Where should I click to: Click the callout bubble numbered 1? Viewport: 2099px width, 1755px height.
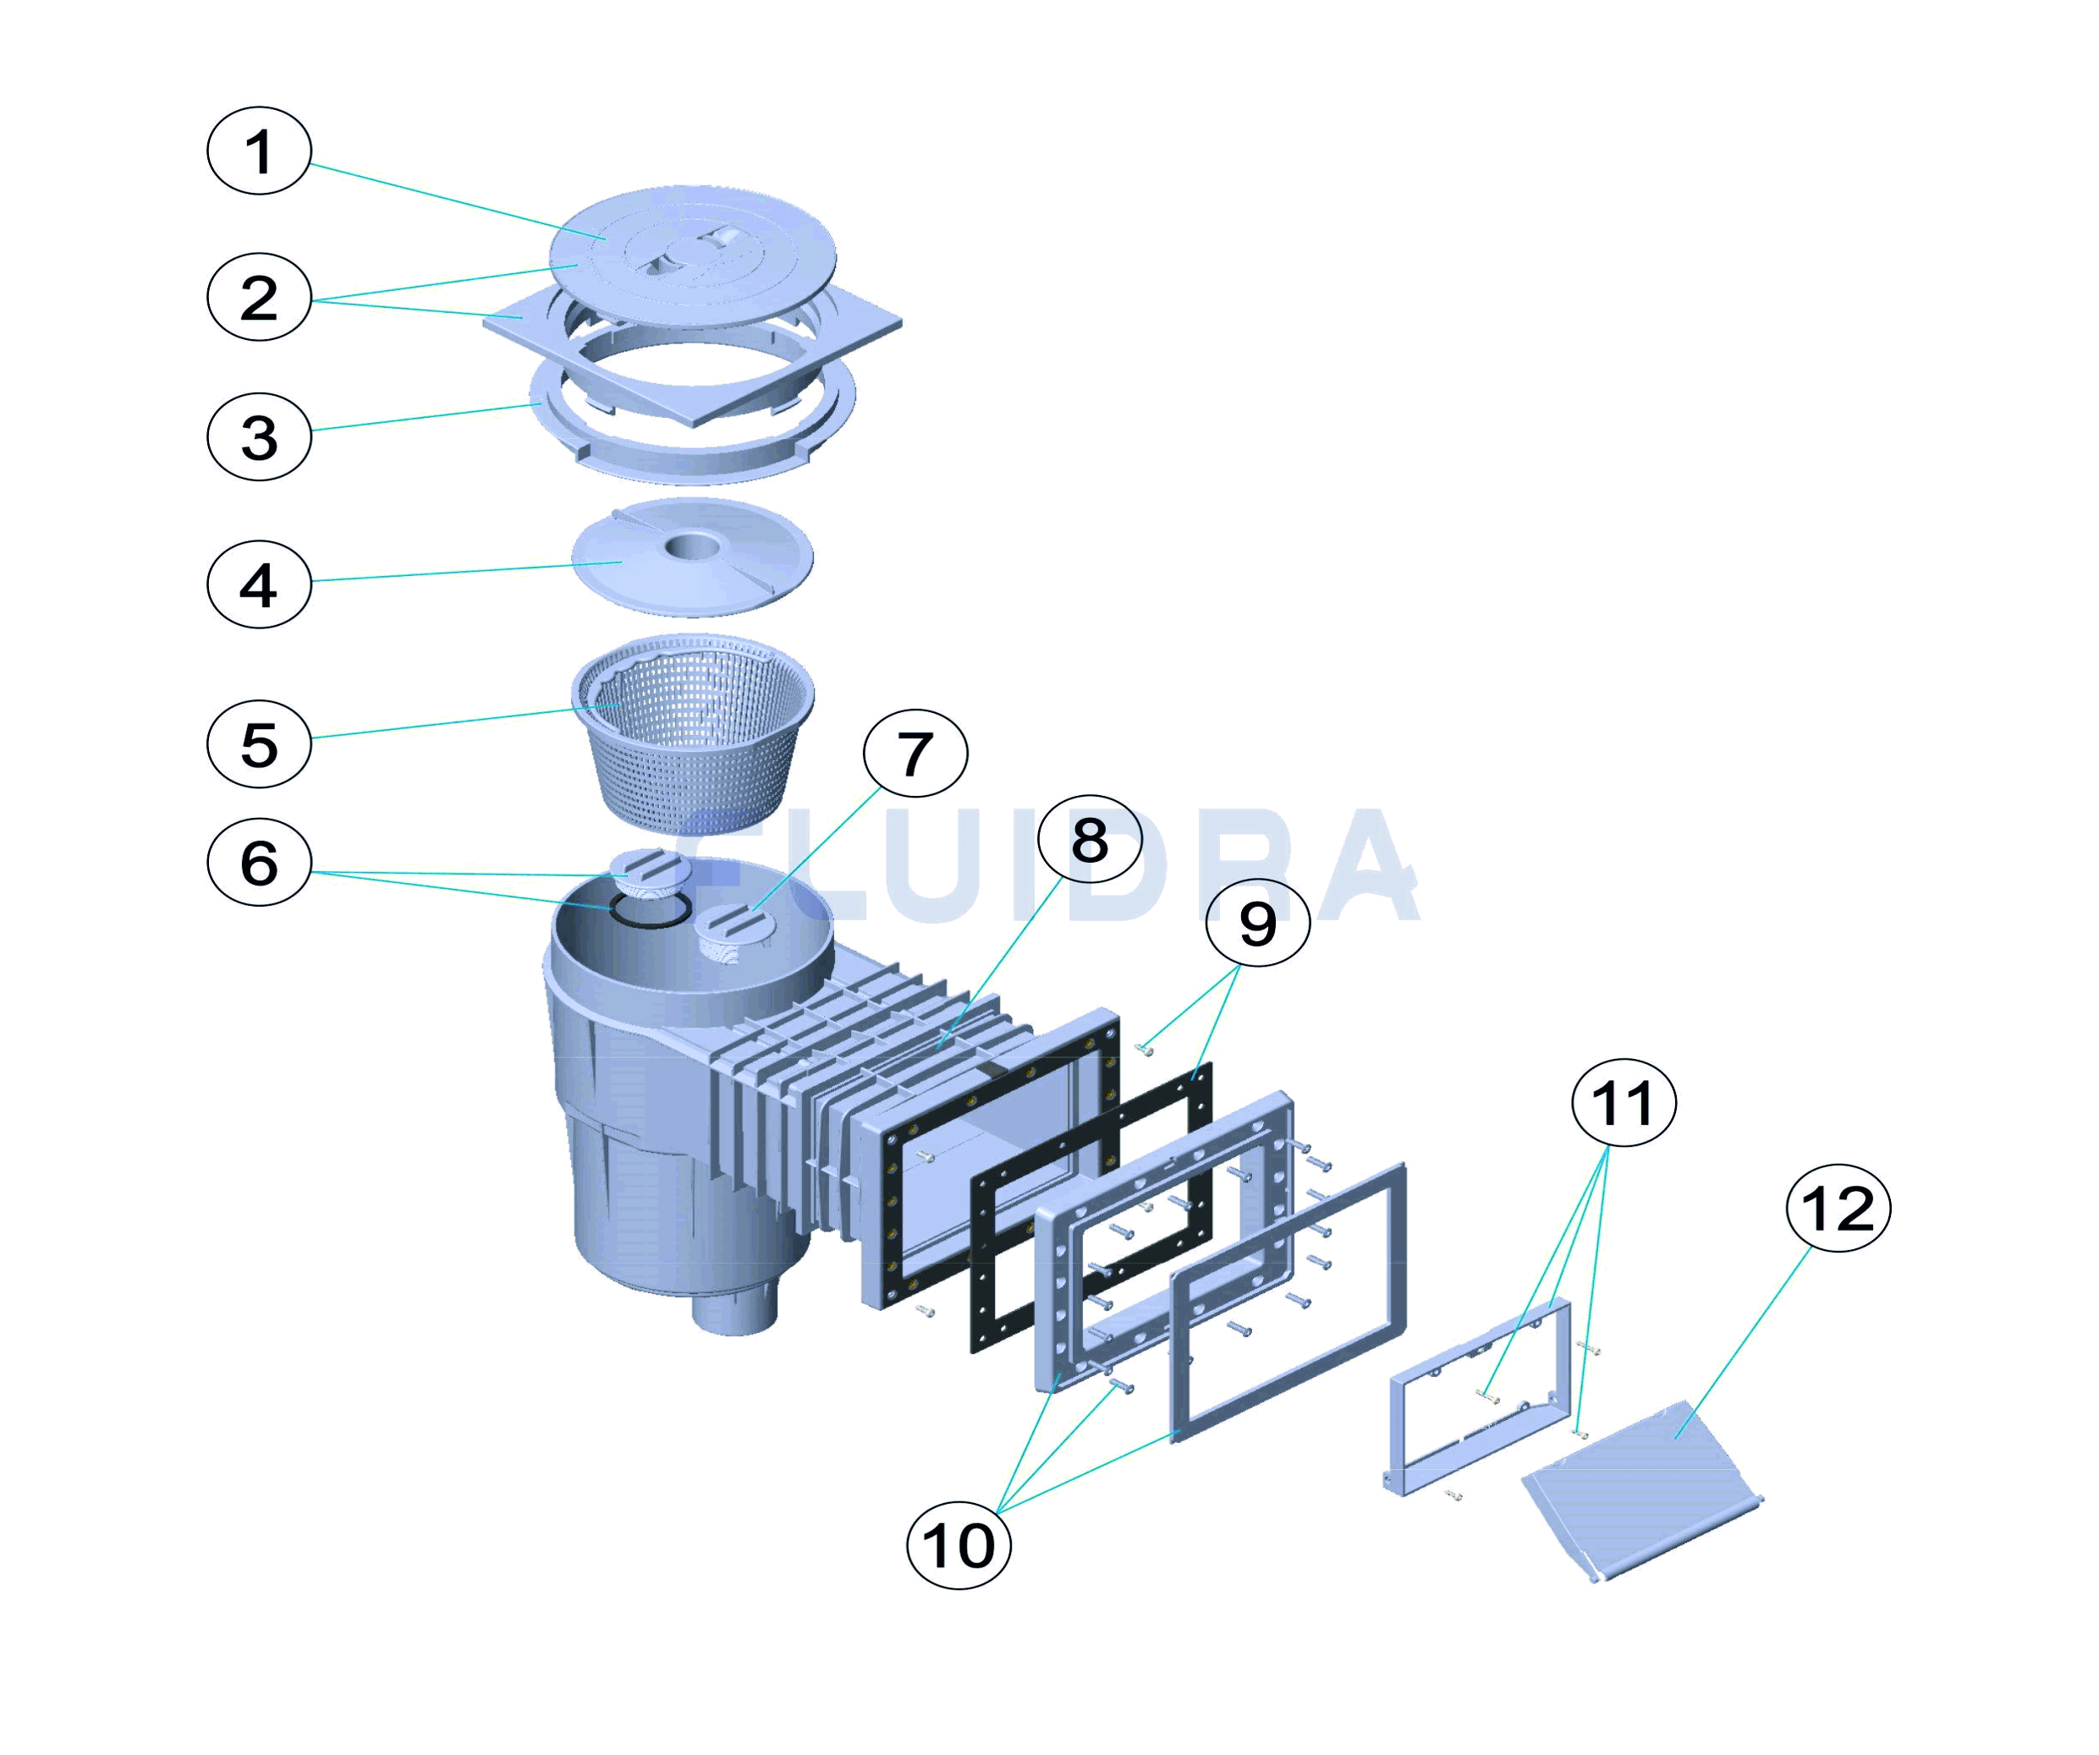pos(259,151)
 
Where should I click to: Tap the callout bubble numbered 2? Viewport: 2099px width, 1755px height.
pos(259,297)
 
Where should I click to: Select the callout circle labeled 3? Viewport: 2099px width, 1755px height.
pos(259,436)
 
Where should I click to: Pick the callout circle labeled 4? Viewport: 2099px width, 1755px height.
pos(259,584)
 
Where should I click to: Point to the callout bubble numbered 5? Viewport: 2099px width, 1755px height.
pos(259,743)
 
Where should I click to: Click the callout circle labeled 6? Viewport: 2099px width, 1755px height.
pos(259,862)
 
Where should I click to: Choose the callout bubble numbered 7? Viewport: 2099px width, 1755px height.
pos(915,754)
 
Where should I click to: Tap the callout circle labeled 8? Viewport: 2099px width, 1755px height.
pos(1089,840)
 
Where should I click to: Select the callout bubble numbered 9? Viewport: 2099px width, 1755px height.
pos(1256,921)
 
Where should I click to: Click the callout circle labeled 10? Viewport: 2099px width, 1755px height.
pos(958,1545)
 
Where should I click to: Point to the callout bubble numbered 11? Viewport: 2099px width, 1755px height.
pos(1624,1102)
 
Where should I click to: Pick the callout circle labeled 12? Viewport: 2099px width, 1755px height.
pos(1837,1209)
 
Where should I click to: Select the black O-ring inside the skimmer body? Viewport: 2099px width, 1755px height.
pos(650,912)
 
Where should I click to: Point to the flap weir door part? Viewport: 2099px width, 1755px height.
pos(1640,1479)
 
